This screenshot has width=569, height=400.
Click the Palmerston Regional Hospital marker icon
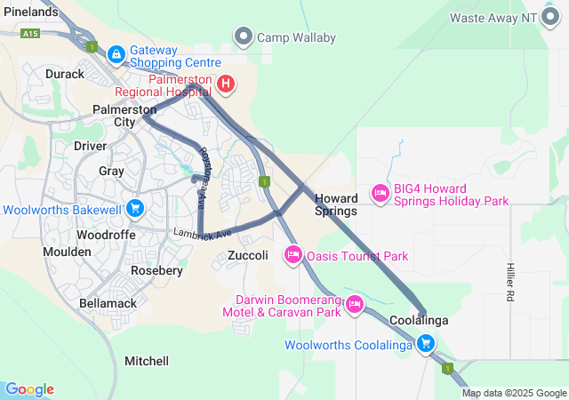(x=226, y=84)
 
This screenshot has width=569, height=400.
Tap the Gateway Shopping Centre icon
(x=116, y=55)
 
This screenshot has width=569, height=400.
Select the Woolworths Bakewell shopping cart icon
(x=134, y=209)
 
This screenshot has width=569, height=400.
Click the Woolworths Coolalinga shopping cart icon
(x=426, y=343)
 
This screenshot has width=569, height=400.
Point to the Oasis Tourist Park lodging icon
(x=293, y=256)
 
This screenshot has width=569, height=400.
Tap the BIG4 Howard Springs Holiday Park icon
(x=381, y=192)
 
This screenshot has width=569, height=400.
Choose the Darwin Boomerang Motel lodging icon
(x=354, y=304)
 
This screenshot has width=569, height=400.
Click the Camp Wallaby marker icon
(x=243, y=36)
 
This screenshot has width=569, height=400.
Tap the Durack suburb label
(x=64, y=74)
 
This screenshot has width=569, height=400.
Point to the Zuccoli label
(x=248, y=255)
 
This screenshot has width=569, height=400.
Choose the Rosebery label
(x=156, y=270)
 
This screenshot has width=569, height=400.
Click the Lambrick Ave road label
(x=202, y=233)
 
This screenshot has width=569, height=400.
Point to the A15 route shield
(x=31, y=33)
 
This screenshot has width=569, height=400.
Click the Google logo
(x=29, y=388)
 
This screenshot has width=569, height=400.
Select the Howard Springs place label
(x=336, y=204)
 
